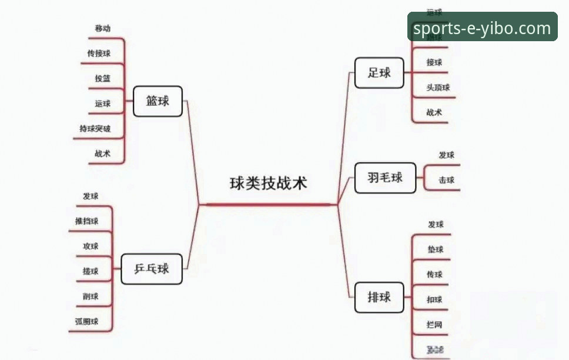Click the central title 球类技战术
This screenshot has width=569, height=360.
click(x=268, y=184)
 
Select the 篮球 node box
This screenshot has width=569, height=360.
click(x=158, y=101)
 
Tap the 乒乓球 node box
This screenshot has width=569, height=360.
click(x=152, y=269)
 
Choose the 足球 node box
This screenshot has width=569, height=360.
click(x=379, y=73)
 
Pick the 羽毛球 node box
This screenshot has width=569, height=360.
click(x=385, y=178)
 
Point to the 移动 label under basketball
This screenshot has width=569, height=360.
click(x=102, y=28)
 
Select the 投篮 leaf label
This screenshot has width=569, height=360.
click(x=102, y=78)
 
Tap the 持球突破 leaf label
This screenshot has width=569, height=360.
click(x=95, y=129)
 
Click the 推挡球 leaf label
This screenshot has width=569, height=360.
click(x=86, y=221)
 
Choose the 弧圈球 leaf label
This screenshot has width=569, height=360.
click(x=86, y=322)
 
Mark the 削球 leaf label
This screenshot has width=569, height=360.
click(x=91, y=296)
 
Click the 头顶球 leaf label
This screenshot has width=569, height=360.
click(x=438, y=88)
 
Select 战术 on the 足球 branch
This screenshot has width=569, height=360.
click(x=434, y=113)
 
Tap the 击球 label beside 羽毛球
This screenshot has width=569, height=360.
click(x=446, y=181)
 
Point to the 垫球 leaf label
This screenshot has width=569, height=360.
click(x=436, y=250)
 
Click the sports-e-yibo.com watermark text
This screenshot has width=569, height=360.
click(x=482, y=28)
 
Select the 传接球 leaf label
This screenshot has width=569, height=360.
click(x=99, y=54)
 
